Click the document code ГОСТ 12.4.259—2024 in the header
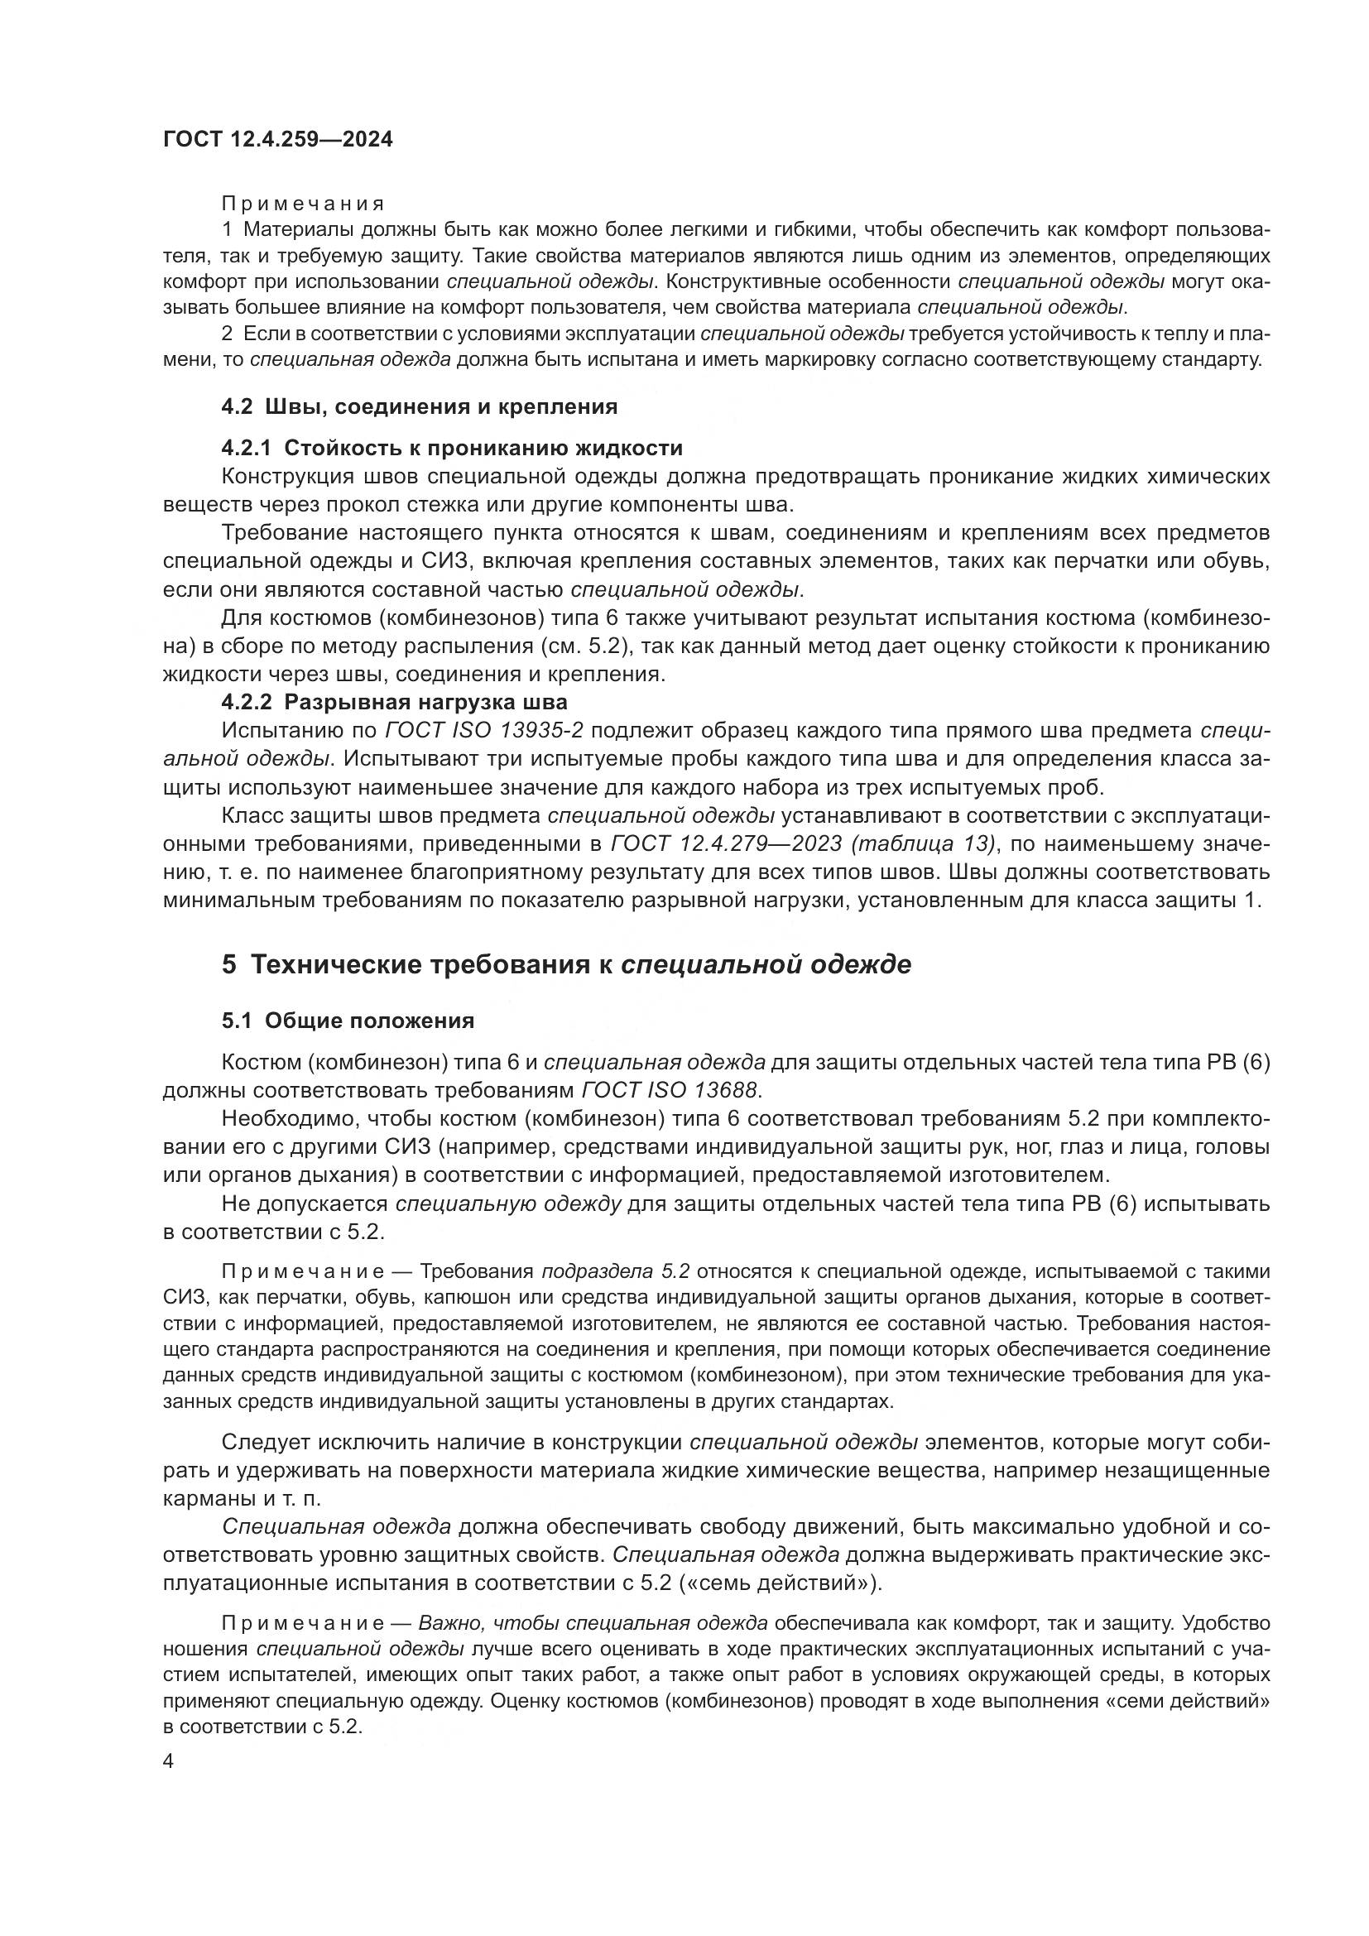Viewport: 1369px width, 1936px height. click(277, 139)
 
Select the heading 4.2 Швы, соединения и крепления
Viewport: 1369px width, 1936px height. click(419, 406)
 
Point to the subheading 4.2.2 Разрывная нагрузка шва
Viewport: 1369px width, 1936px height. click(395, 702)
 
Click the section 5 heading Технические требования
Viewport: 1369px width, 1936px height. click(565, 963)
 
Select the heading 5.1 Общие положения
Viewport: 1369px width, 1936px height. click(348, 1021)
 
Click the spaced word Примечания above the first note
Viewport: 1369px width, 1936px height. click(303, 204)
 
